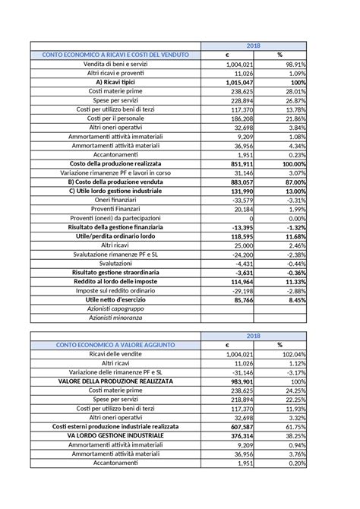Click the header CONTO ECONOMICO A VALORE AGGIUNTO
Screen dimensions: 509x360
[x=114, y=344]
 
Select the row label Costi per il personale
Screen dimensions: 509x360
[x=114, y=119]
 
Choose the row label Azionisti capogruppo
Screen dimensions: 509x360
[x=114, y=308]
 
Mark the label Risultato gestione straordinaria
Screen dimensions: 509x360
[x=114, y=272]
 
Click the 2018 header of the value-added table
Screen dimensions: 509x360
[x=254, y=335]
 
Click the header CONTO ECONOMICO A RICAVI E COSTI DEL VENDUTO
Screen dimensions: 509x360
[x=114, y=55]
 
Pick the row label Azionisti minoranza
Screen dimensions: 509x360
[x=114, y=318]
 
